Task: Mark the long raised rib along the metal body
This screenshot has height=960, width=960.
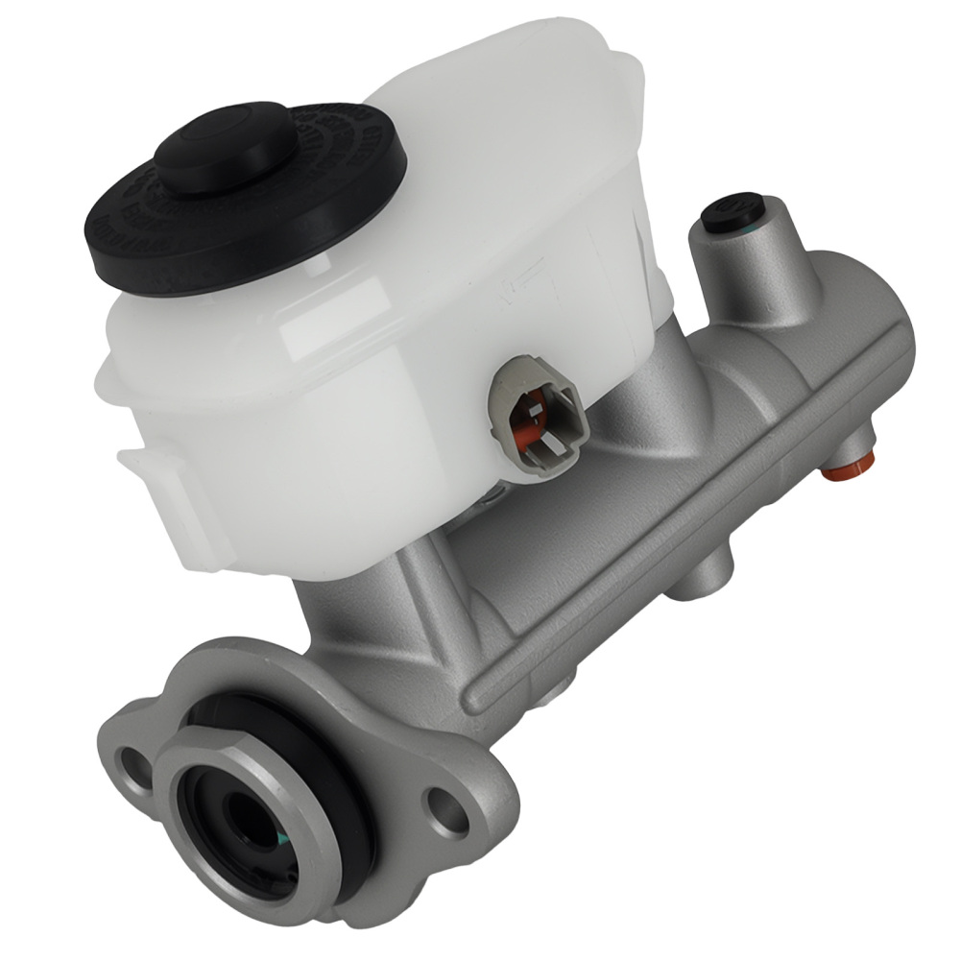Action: pyautogui.click(x=672, y=538)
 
